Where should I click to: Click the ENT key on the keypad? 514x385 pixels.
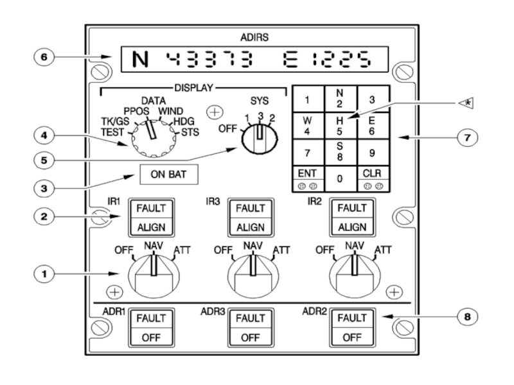(x=306, y=178)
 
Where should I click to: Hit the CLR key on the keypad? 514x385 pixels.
(x=372, y=178)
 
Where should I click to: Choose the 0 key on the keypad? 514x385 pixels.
(x=339, y=178)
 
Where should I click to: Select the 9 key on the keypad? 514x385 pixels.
(x=372, y=153)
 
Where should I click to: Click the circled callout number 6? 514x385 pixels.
(x=44, y=56)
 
